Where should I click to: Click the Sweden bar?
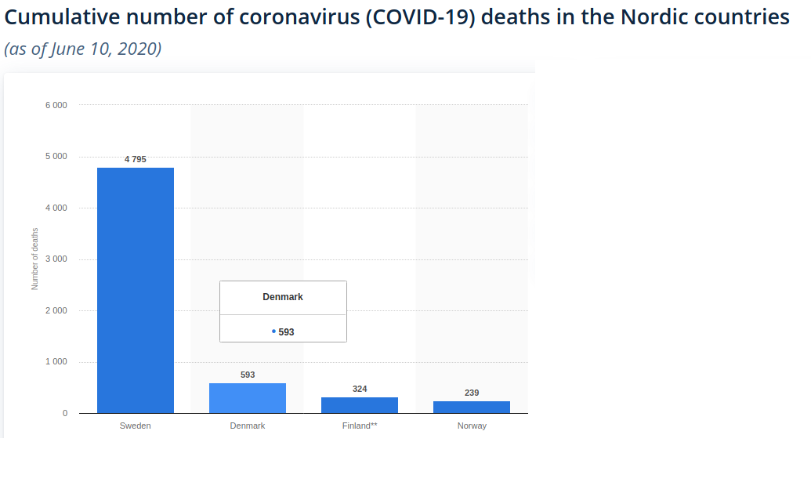pos(136,290)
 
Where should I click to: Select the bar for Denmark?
pos(248,398)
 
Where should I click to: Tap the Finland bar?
pos(360,405)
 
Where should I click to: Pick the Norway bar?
pos(472,407)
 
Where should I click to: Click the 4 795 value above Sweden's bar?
pos(136,159)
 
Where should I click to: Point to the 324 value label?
pos(360,389)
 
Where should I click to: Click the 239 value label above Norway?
pos(472,393)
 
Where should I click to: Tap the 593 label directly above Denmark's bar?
pos(248,375)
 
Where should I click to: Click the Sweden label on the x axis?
pos(136,426)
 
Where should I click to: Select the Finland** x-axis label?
pos(360,426)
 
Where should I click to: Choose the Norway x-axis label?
pos(472,426)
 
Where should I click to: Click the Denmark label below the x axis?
pos(248,426)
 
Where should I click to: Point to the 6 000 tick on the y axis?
pos(55,105)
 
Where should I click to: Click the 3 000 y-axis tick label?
pos(55,259)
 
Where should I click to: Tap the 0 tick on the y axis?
pos(65,413)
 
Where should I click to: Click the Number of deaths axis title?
pos(34,259)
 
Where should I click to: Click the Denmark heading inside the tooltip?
pos(283,297)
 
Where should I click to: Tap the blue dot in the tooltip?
pos(273,332)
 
